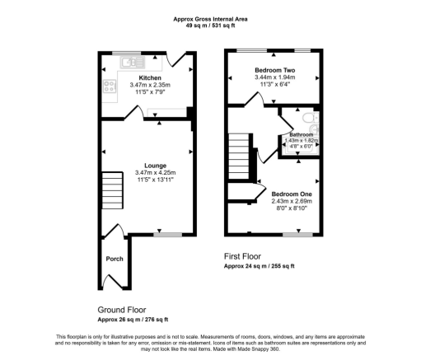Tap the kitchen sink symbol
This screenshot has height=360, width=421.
(x=131, y=62)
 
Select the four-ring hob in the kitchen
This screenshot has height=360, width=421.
(x=108, y=86)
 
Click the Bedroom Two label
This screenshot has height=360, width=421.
(x=274, y=71)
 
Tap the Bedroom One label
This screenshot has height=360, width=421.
(x=291, y=194)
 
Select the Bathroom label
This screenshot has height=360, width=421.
(x=301, y=133)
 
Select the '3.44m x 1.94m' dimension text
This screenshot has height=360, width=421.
(x=274, y=78)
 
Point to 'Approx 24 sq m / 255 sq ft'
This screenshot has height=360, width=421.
(x=260, y=266)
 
